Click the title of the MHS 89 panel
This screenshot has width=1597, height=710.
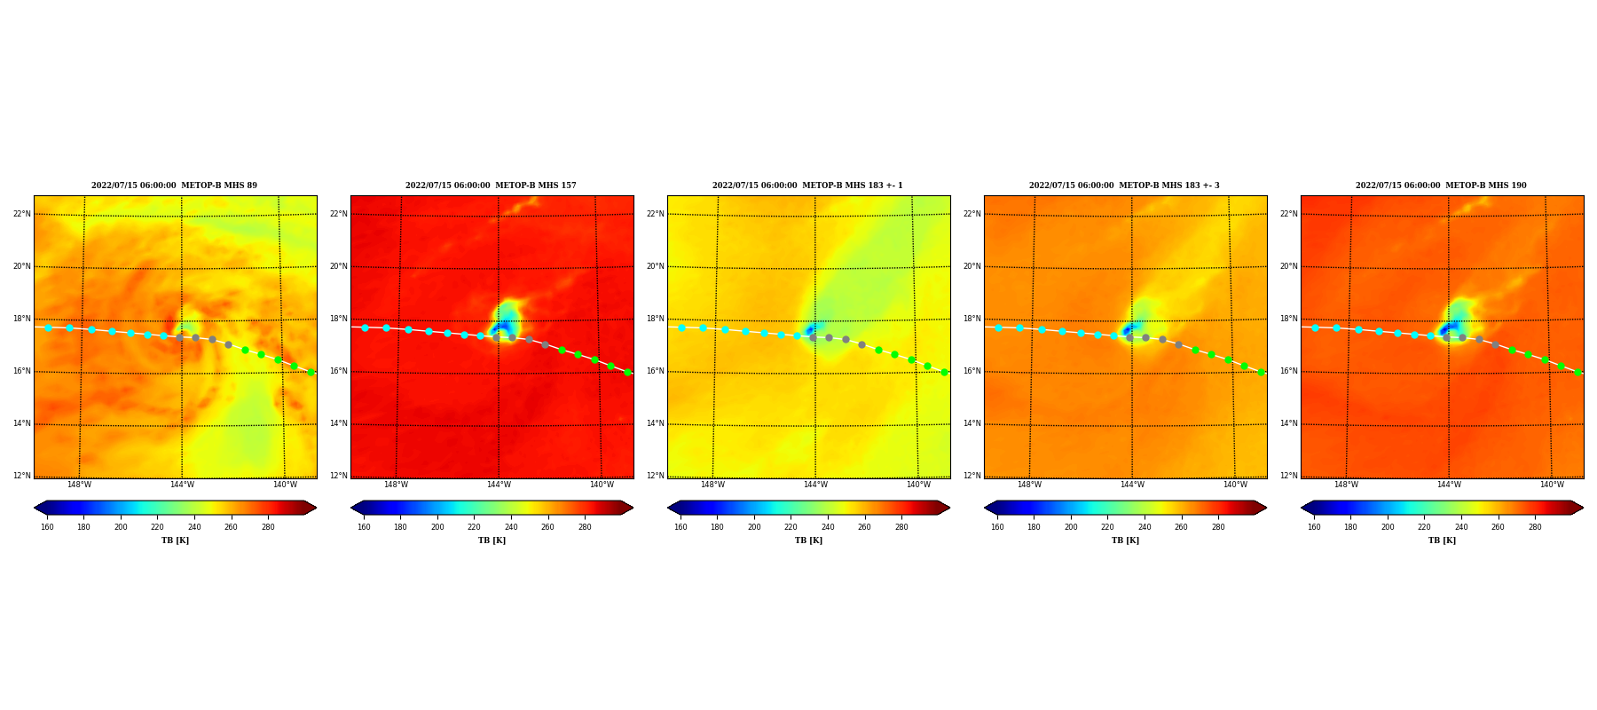pos(174,185)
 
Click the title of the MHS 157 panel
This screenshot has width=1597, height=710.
pos(491,185)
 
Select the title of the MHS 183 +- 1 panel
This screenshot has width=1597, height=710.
pos(807,185)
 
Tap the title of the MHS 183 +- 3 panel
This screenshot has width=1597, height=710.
pos(1124,185)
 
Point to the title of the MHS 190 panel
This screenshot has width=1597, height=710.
pos(1441,185)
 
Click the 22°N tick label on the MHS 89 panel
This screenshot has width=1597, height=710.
pos(21,214)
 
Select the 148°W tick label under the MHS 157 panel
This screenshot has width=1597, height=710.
pos(396,485)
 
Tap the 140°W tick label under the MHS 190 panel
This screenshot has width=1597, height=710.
pos(1552,485)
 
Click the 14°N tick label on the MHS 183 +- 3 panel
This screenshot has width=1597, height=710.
pos(972,423)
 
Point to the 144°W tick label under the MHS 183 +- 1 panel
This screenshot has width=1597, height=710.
pos(815,485)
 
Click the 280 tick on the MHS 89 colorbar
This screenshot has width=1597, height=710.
pos(268,527)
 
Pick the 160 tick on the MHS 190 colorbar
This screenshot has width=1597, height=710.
pos(1314,527)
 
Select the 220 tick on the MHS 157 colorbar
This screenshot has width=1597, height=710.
pos(474,527)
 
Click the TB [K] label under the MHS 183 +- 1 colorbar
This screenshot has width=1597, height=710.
pos(808,540)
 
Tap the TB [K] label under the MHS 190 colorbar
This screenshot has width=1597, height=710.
pos(1442,540)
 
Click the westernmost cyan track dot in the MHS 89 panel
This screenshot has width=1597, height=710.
pos(48,327)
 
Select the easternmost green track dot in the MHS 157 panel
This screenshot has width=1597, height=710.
pos(627,372)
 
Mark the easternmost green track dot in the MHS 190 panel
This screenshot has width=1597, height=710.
pos(1577,372)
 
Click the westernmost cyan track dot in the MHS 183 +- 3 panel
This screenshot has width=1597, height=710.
pos(998,327)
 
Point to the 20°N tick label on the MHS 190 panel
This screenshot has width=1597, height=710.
pos(1288,266)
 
